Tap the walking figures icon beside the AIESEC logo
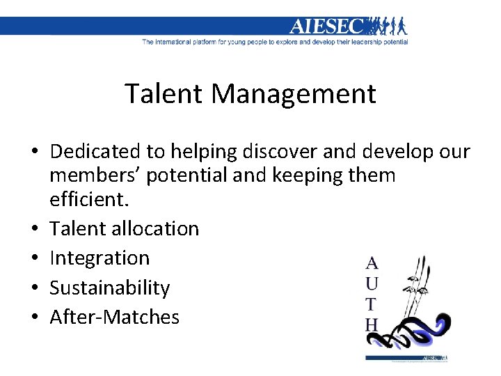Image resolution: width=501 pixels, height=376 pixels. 387,26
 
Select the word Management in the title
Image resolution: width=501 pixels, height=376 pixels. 296,93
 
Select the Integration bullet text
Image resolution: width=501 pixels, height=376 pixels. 100,258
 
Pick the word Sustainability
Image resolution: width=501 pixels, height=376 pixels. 110,288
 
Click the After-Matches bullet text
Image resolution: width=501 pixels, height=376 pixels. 115,318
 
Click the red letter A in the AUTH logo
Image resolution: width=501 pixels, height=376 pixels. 372,263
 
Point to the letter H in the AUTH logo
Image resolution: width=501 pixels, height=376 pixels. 372,324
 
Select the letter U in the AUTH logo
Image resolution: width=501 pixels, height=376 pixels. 372,283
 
